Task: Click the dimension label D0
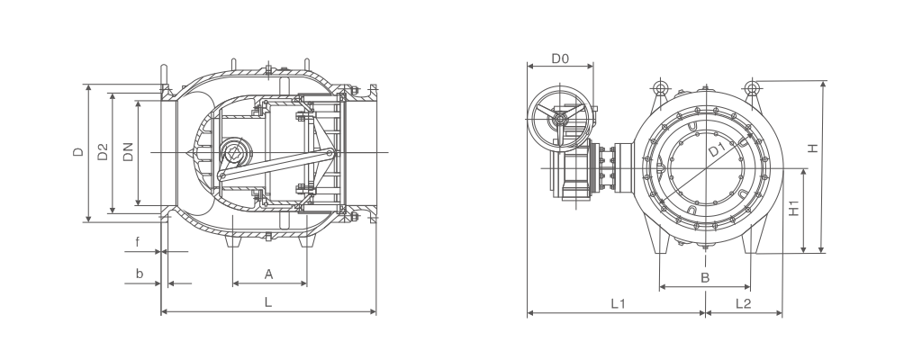point(560,58)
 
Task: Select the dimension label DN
point(128,151)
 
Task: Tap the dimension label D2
point(103,151)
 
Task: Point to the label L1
point(618,303)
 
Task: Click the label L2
point(743,303)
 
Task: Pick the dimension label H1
point(794,208)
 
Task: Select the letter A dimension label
point(268,274)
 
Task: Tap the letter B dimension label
point(704,277)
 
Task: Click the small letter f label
point(137,242)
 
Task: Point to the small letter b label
point(139,274)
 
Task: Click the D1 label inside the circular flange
point(717,150)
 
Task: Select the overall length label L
point(267,301)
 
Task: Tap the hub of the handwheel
point(559,119)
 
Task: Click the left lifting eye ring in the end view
point(660,88)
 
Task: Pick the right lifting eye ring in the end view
point(752,88)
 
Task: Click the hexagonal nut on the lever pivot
point(235,153)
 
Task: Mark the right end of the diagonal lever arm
point(330,153)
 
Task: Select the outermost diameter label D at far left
point(77,152)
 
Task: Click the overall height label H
point(812,148)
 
